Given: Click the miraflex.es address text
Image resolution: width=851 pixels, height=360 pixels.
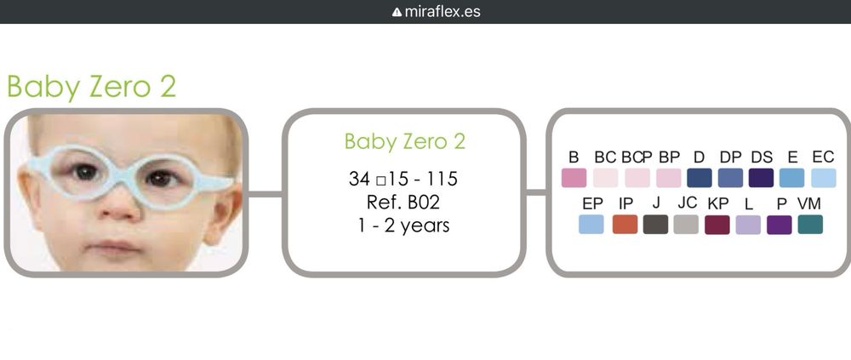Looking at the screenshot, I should tap(443, 12).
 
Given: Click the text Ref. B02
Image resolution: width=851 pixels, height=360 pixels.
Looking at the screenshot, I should tap(404, 203).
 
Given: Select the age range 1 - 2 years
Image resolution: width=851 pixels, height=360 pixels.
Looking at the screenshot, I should tap(404, 226).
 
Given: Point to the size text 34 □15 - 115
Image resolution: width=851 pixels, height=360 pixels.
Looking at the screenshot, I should tap(403, 180).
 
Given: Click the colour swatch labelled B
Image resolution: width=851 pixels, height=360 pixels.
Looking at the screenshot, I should tap(574, 178).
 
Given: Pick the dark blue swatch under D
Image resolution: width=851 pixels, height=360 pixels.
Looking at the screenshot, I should tap(699, 178).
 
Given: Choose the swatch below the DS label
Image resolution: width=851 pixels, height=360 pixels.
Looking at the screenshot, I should tap(761, 178).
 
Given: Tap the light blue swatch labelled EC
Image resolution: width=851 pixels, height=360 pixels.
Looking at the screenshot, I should tap(823, 178).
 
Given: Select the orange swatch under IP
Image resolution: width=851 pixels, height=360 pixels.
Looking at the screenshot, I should tap(625, 225).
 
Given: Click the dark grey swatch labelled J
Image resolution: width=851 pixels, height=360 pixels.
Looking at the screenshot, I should tap(655, 225).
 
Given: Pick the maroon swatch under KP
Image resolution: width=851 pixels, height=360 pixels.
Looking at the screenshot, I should tap(717, 225).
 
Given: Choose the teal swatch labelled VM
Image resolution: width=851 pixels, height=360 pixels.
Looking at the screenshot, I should tap(810, 225).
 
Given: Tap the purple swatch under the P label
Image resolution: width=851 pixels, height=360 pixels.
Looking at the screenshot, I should tap(780, 225).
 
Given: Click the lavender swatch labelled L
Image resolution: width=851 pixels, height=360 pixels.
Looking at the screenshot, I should tap(748, 225).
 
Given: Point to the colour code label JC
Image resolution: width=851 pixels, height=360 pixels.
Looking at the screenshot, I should tap(687, 203).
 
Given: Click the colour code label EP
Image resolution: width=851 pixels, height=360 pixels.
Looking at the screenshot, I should tap(592, 203).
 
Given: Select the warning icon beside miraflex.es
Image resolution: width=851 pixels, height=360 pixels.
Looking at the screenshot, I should tap(397, 12).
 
